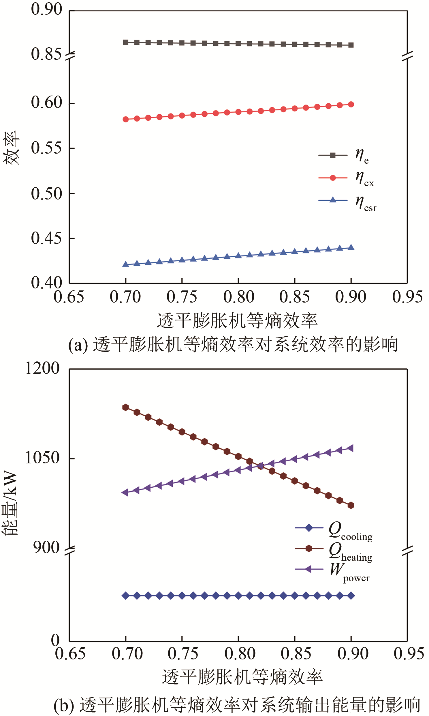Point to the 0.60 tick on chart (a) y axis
click(46, 102)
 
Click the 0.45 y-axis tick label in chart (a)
click(46, 238)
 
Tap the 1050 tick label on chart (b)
click(42, 458)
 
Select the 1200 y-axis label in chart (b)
click(42, 368)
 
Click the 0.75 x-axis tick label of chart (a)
click(182, 297)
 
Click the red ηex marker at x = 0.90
click(351, 105)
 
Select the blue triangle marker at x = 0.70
click(125, 264)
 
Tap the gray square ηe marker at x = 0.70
click(125, 42)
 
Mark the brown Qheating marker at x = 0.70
click(125, 407)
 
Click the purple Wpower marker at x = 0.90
click(351, 448)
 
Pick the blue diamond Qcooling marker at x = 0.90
click(351, 596)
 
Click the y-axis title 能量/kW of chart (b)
click(10, 504)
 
